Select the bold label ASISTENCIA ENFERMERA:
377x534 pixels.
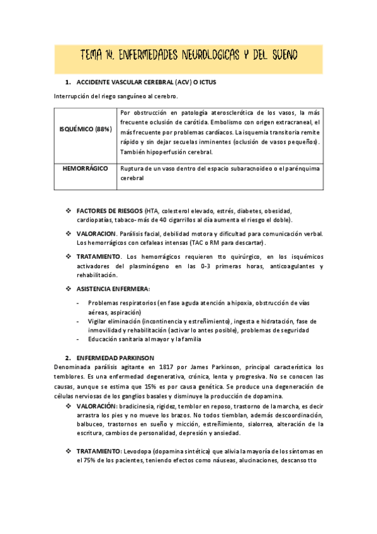(113, 288)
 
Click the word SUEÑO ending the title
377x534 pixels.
(287, 57)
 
